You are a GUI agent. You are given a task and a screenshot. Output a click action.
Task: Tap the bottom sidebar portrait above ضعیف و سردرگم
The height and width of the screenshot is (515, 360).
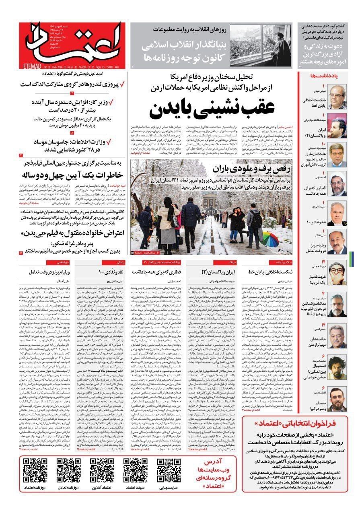coord(337,398)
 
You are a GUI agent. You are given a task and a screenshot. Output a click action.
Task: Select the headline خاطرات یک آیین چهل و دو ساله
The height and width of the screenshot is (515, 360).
coord(75,175)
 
